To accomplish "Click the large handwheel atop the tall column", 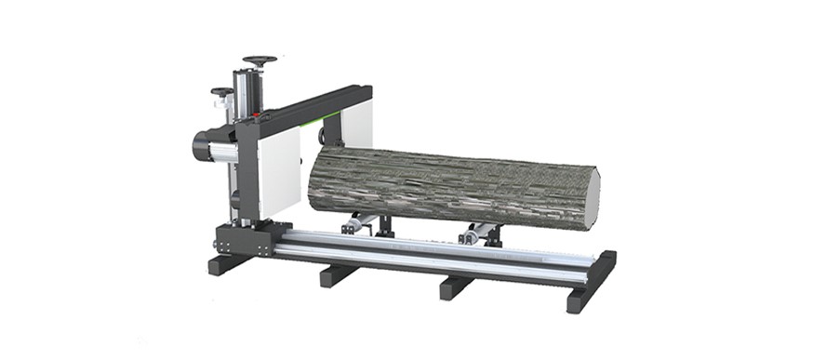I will [x=260, y=61].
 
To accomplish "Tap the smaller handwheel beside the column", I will [x=222, y=91].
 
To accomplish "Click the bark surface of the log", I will [x=437, y=181].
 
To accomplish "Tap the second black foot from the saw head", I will [x=338, y=275].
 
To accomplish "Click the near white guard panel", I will [x=279, y=173].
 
